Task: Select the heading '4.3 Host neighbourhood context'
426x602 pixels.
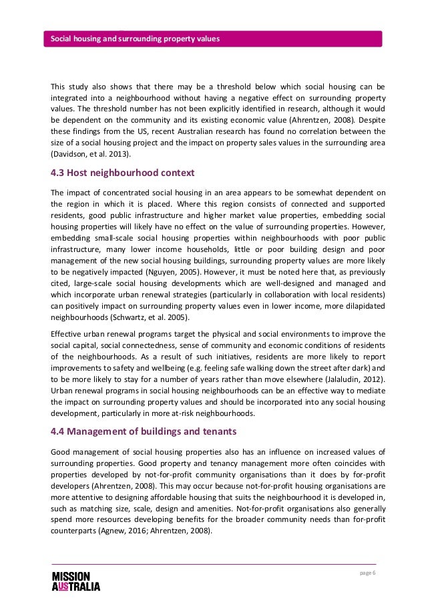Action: (123, 173)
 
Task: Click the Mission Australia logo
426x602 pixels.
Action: (75, 581)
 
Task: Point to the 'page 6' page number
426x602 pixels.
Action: (368, 575)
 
